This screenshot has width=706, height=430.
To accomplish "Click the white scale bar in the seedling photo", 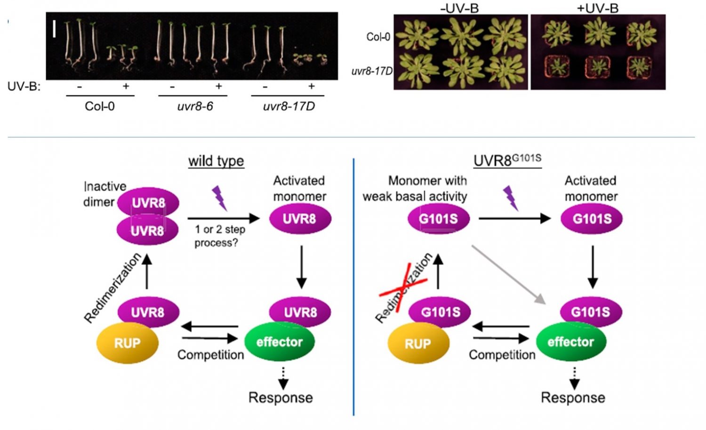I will click(55, 29).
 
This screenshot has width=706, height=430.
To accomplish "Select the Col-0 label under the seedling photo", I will click(99, 106).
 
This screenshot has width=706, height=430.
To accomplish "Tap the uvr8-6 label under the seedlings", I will click(195, 106).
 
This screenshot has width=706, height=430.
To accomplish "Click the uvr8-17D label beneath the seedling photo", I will click(289, 106).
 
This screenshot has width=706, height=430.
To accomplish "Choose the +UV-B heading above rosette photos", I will click(597, 8).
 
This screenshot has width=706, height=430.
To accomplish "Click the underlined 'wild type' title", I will click(216, 161).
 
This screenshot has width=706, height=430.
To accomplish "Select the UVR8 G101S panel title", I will click(507, 160).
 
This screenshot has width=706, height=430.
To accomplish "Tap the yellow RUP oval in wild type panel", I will click(127, 343).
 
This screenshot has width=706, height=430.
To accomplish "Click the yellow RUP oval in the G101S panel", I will click(418, 343).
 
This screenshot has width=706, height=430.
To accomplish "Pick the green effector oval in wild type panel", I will click(279, 342).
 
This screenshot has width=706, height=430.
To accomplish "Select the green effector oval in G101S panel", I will click(570, 342).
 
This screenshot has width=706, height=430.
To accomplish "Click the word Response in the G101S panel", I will click(573, 398).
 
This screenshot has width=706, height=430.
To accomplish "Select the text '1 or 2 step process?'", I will click(220, 236).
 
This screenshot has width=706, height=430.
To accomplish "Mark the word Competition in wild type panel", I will click(210, 355).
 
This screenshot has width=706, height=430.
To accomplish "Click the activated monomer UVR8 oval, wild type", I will click(300, 219).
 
